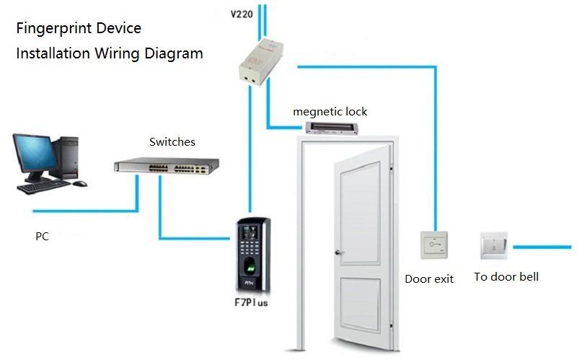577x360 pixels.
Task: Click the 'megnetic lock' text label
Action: click(330, 112)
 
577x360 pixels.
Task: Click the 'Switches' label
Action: click(172, 142)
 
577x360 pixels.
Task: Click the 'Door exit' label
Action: click(429, 278)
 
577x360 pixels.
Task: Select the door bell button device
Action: click(493, 246)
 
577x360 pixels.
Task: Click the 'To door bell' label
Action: click(506, 277)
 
